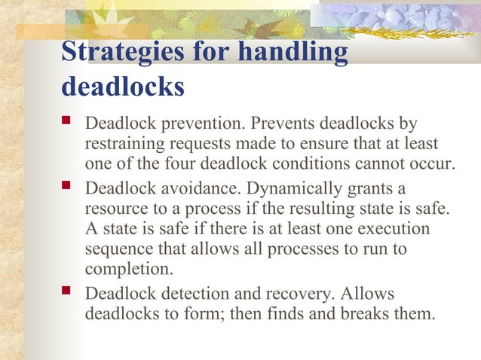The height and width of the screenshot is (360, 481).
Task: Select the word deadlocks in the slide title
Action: (x=123, y=86)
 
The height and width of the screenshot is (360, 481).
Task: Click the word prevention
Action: (x=204, y=123)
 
